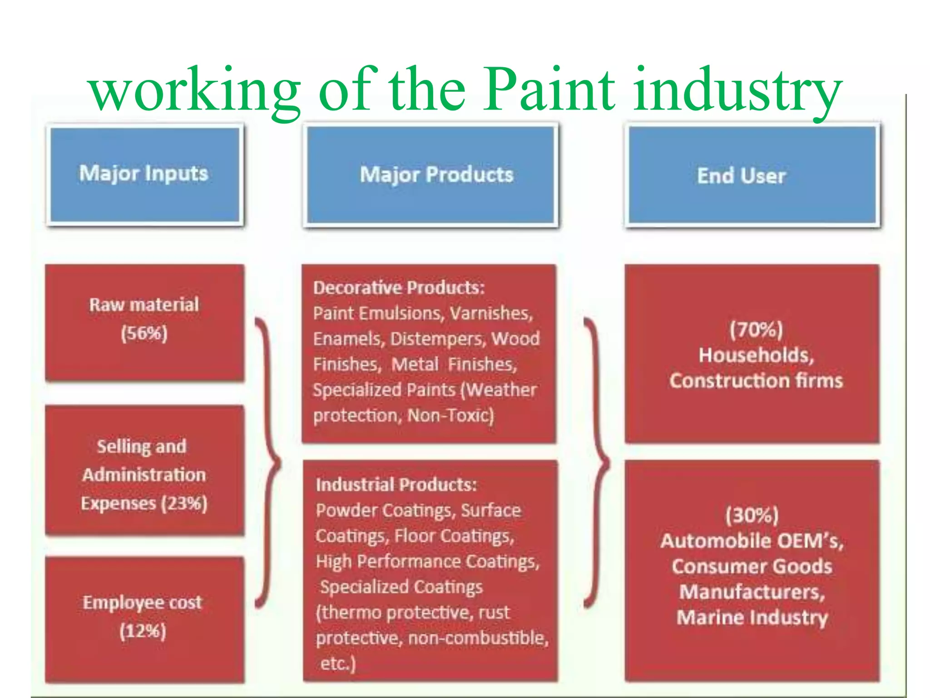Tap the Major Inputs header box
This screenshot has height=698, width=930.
[x=144, y=174]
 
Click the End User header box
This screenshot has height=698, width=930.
[x=752, y=175]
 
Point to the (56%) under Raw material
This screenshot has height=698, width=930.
[x=144, y=333]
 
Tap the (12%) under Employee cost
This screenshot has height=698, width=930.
[x=143, y=631]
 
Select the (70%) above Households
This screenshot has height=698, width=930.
[x=756, y=329]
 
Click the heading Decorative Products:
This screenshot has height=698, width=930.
[x=399, y=288]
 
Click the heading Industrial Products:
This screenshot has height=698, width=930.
[x=396, y=485]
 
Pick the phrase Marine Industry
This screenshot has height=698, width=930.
[x=752, y=618]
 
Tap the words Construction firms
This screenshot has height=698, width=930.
[x=756, y=381]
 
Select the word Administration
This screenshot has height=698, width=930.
[x=144, y=475]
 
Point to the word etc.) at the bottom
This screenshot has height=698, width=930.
[x=337, y=663]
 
